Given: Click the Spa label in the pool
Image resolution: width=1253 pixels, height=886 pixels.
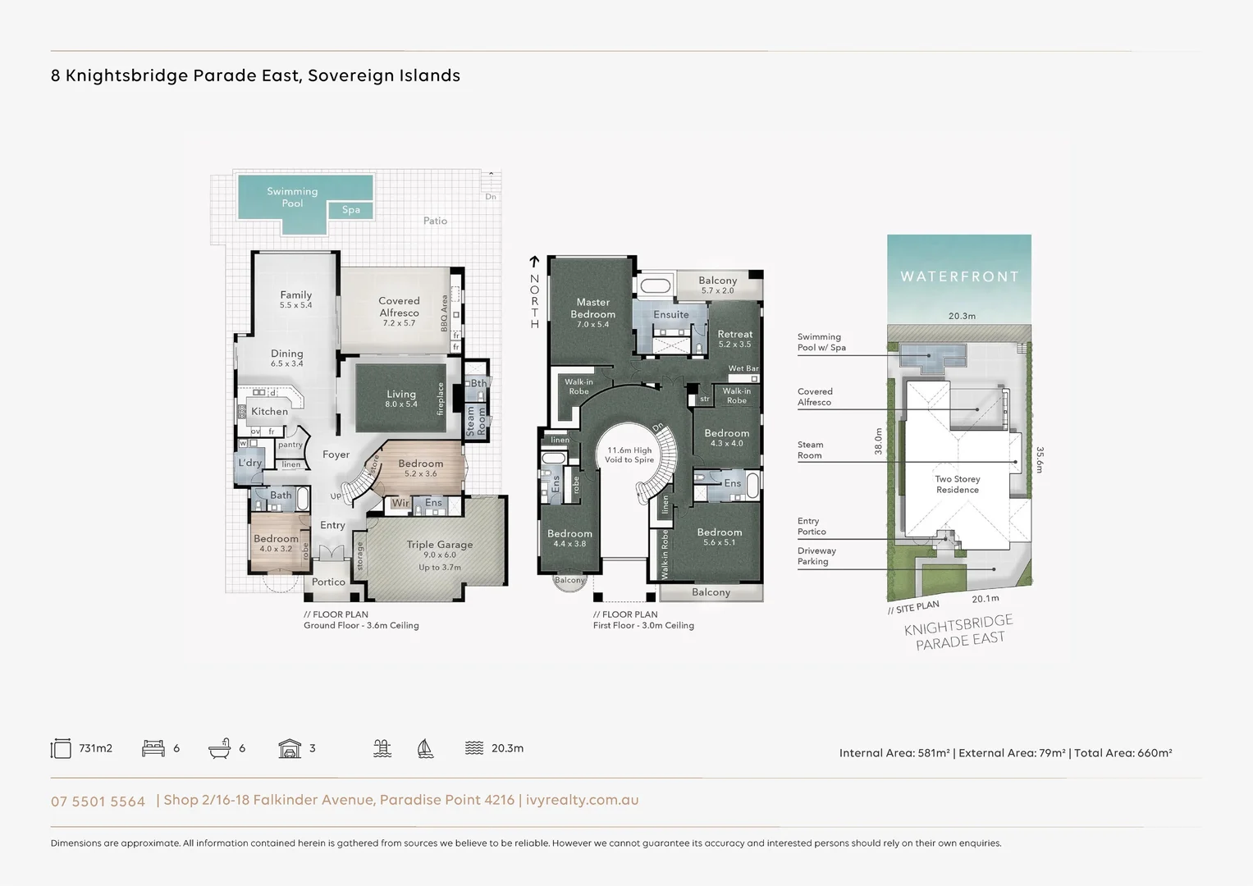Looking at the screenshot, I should [351, 210].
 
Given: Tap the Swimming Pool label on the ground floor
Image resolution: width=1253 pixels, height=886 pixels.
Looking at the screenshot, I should [292, 197].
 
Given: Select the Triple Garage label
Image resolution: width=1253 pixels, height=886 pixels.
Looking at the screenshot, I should [439, 545].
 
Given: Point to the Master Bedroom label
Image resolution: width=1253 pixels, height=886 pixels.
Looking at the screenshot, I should [592, 308].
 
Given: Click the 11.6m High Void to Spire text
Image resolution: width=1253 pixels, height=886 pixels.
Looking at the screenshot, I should [629, 455].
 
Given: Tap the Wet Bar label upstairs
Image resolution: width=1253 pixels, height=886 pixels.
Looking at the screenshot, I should [743, 368].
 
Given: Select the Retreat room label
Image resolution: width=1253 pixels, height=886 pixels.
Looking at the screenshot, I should [734, 334].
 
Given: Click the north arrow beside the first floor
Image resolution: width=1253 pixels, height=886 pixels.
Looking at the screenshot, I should [534, 263].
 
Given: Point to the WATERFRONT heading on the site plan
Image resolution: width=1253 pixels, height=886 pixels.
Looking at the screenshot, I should [959, 276].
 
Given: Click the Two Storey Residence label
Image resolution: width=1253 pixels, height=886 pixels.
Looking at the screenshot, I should [958, 484].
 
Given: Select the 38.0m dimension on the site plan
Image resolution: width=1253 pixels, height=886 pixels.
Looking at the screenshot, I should [878, 441].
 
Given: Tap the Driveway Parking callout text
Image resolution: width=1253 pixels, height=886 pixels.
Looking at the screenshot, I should [816, 556].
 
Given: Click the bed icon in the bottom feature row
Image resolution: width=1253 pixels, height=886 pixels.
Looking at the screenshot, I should [153, 748].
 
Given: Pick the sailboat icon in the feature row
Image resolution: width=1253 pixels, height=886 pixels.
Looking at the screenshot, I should [425, 748].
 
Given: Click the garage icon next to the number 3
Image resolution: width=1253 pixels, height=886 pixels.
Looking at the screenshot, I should [290, 748].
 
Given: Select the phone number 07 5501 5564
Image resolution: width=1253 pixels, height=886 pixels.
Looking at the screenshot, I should [98, 802].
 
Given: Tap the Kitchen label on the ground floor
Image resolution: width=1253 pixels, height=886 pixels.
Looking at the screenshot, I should [269, 412].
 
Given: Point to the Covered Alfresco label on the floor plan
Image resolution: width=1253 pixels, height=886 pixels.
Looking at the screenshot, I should [399, 307].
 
